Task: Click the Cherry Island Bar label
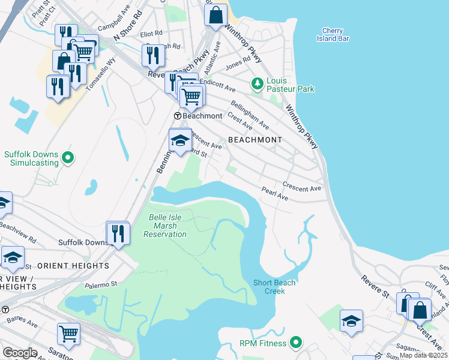pos(332,35)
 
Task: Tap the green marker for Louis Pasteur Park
pos(258,83)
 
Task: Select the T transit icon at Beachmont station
pos(178,116)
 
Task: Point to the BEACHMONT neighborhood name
pos(255,140)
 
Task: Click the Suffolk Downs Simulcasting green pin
pos(68,158)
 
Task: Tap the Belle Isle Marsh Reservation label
pos(165,226)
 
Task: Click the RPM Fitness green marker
pos(295,343)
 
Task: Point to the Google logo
pos(20,353)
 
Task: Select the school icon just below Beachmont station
pos(180,140)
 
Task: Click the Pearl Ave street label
pos(275,194)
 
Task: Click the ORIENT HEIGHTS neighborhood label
pos(73,265)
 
